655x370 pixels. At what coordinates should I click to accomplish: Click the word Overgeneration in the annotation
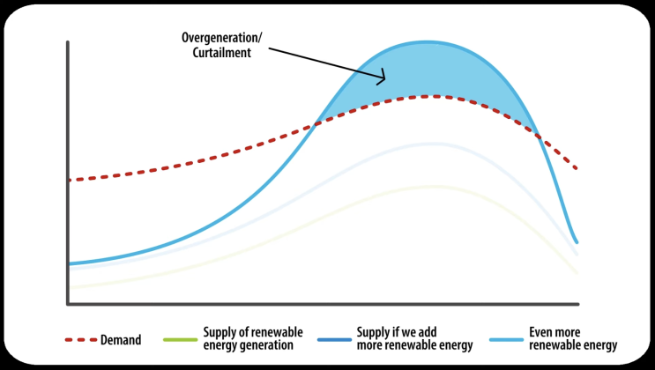tap(220, 39)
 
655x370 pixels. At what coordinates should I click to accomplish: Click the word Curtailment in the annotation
tap(220, 53)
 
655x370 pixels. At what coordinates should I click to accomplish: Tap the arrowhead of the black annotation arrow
tap(383, 80)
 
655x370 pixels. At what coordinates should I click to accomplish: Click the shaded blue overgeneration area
tap(432, 70)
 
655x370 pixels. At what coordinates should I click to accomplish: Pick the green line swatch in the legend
tap(179, 338)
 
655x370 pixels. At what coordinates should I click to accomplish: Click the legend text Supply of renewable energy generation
tap(252, 338)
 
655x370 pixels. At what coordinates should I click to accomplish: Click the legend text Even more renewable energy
tap(573, 338)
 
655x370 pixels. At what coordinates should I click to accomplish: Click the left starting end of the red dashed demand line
tap(70, 180)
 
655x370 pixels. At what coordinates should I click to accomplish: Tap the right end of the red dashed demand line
tap(577, 168)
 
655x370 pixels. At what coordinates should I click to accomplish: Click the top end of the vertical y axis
tap(68, 41)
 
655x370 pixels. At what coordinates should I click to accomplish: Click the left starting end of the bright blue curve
tap(70, 263)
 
